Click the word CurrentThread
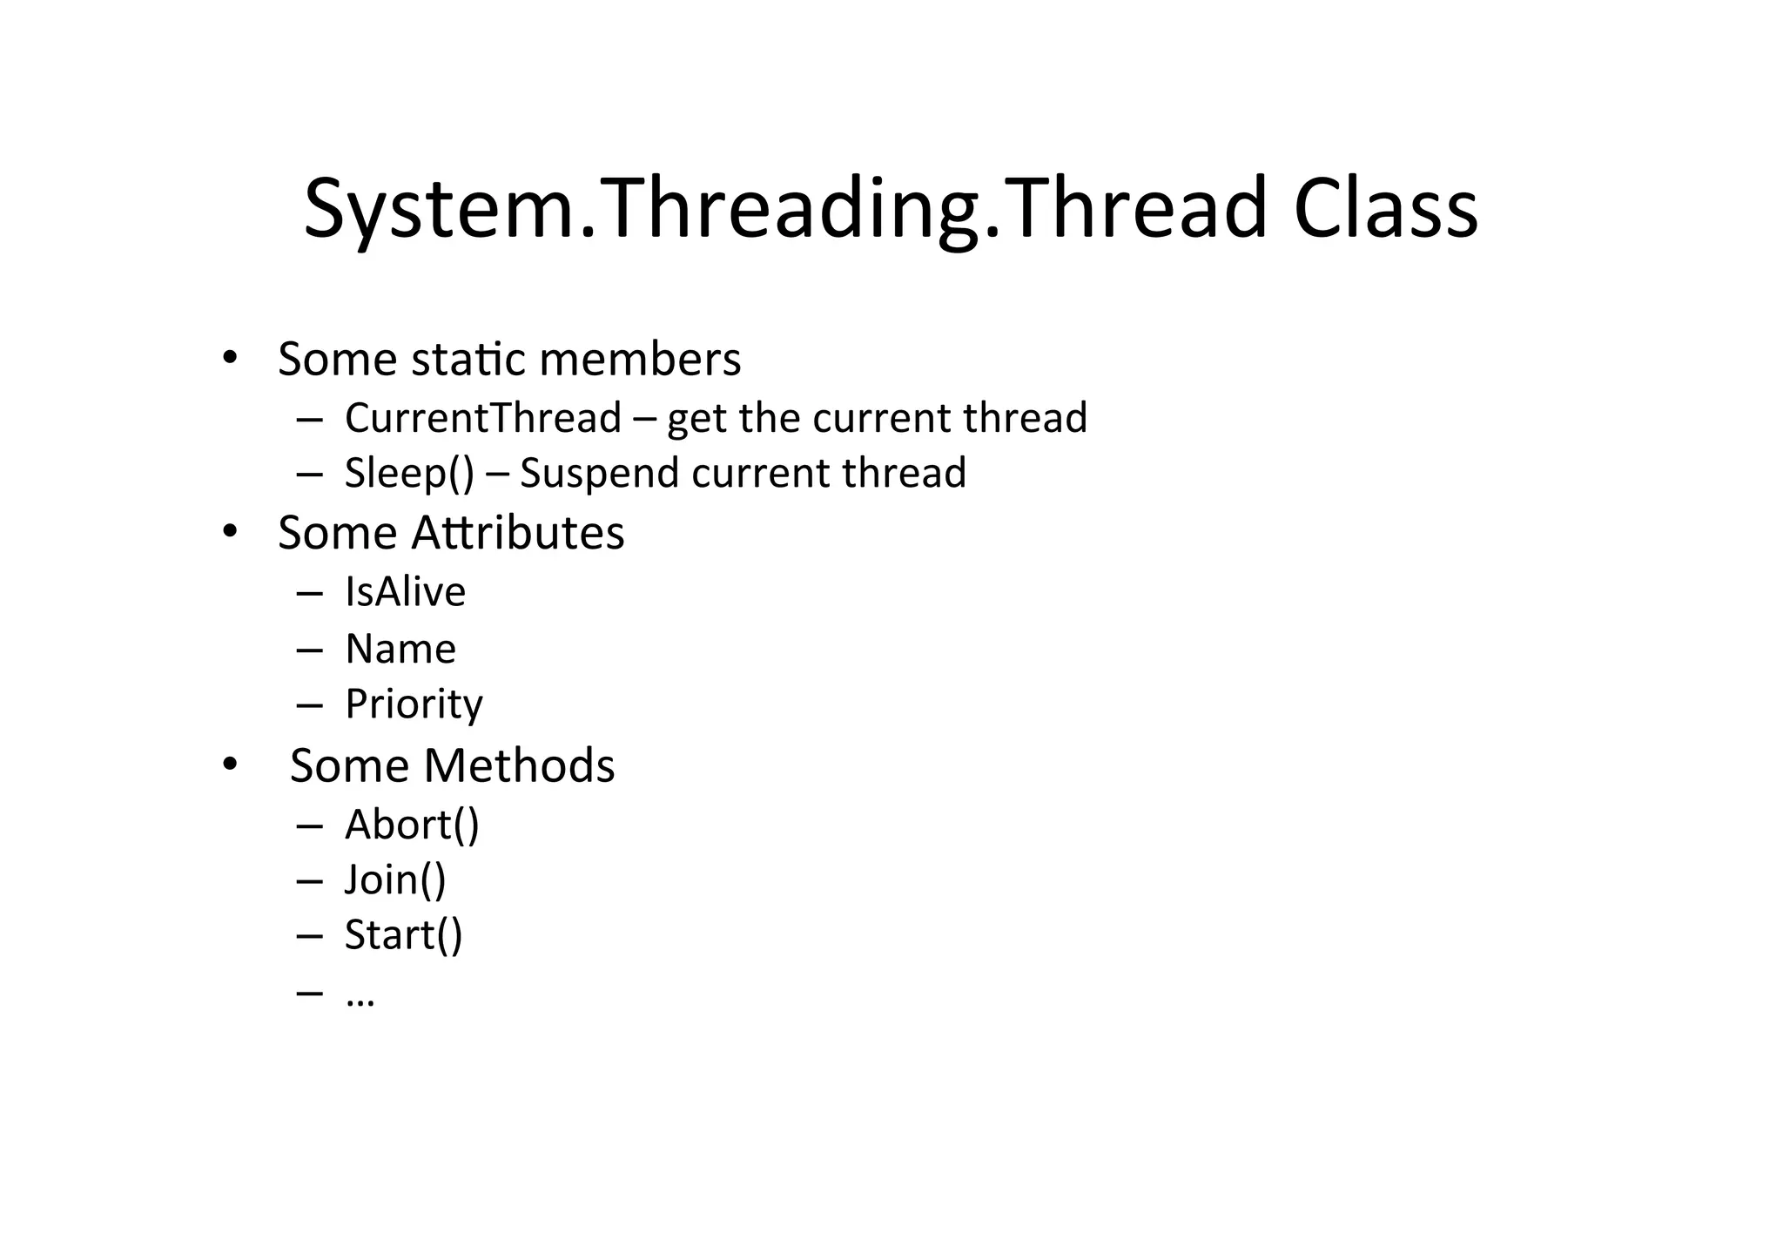click(x=482, y=418)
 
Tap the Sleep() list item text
click(x=409, y=473)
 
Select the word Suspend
click(x=599, y=474)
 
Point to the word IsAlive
click(x=405, y=592)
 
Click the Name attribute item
click(x=400, y=649)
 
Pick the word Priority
click(x=414, y=704)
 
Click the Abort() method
click(x=412, y=825)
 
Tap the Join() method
click(x=395, y=879)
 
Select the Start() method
click(x=403, y=935)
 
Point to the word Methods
click(x=519, y=765)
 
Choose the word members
click(x=640, y=359)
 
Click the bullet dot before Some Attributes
click(x=229, y=530)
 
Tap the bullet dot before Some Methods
click(x=229, y=764)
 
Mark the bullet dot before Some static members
click(x=229, y=357)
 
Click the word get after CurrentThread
click(x=698, y=420)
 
